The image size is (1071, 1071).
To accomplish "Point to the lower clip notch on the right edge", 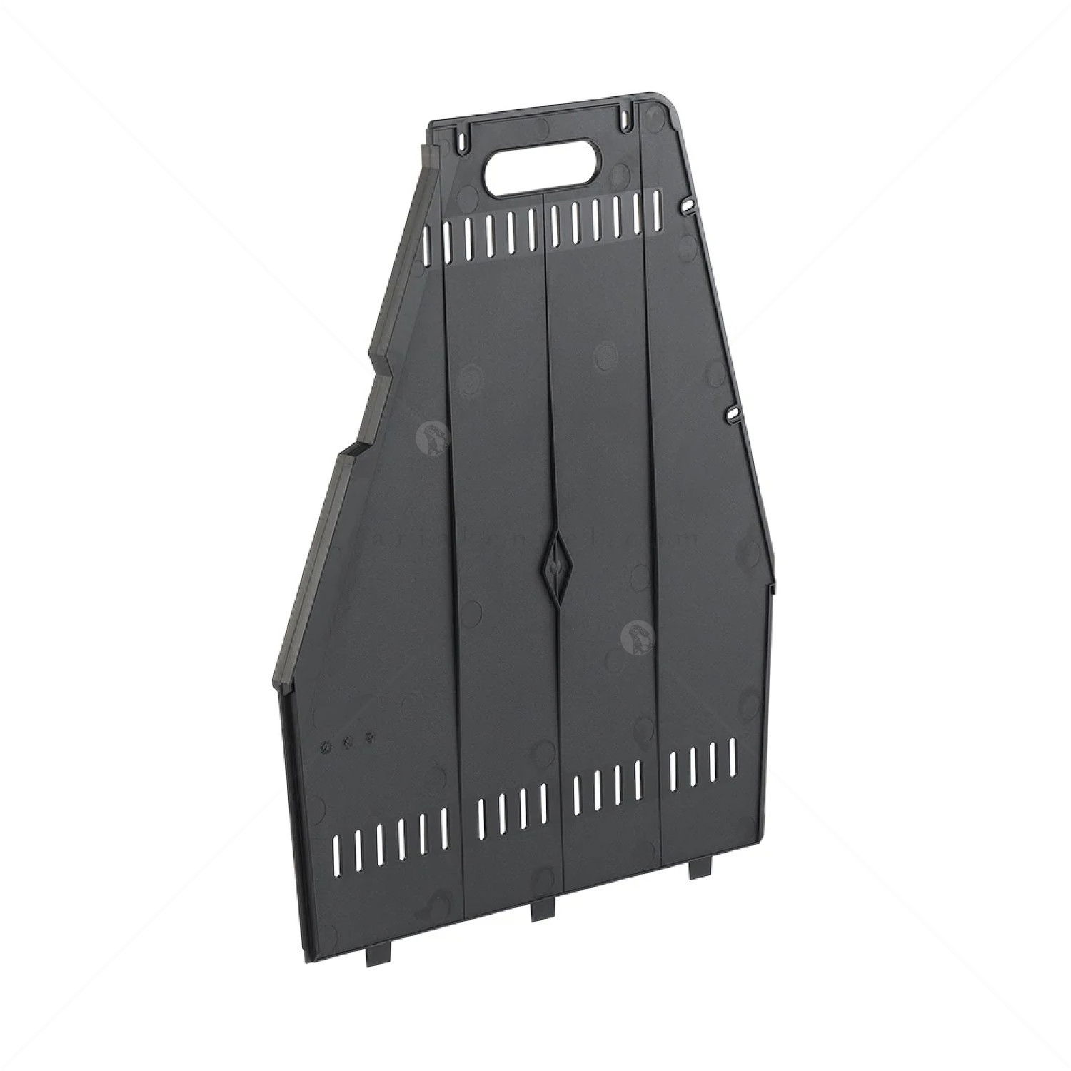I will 732,414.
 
